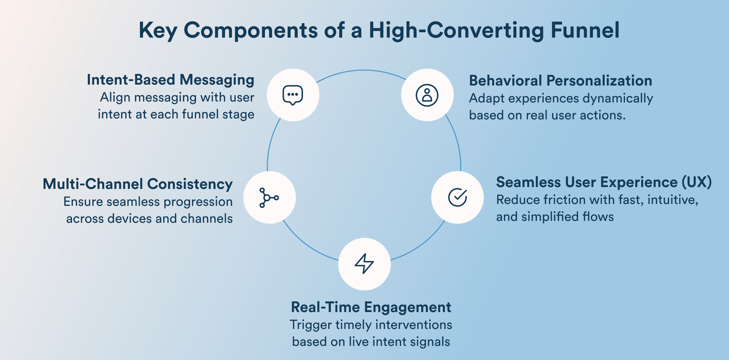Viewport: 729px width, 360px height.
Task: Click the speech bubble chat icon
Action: pyautogui.click(x=293, y=95)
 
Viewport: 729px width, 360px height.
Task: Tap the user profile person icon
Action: pyautogui.click(x=427, y=95)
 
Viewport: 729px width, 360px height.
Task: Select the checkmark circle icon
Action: pyautogui.click(x=458, y=197)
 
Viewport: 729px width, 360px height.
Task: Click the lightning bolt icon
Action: pyautogui.click(x=364, y=264)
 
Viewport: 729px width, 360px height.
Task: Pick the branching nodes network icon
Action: pyautogui.click(x=269, y=198)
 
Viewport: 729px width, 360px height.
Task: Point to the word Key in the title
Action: pyautogui.click(x=158, y=30)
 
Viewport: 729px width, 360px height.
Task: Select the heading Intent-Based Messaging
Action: pyautogui.click(x=170, y=80)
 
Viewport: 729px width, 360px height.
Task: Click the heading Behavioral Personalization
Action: pyautogui.click(x=561, y=81)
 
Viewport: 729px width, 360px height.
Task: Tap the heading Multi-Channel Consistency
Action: pyautogui.click(x=137, y=184)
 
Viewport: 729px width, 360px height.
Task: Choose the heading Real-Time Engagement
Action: pyautogui.click(x=371, y=307)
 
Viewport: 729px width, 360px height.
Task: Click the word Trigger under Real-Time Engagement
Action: pyautogui.click(x=310, y=325)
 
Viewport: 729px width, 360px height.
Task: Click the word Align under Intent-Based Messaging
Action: pyautogui.click(x=115, y=97)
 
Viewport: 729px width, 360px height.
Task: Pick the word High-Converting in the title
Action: pyautogui.click(x=456, y=30)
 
